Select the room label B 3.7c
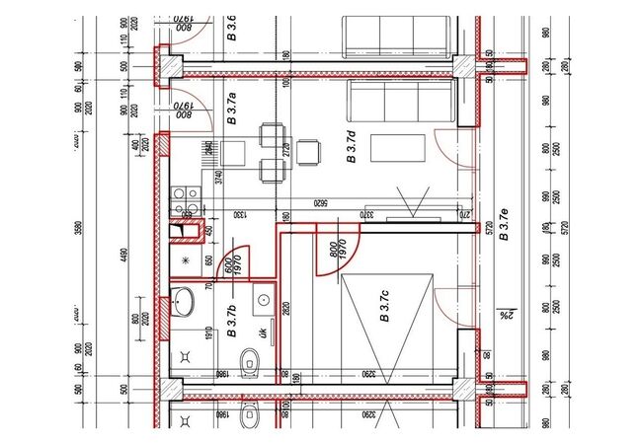point(386,308)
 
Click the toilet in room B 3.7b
point(252,359)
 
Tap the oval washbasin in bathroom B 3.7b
point(185,304)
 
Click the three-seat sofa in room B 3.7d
point(400,102)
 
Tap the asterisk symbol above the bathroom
point(186,259)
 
